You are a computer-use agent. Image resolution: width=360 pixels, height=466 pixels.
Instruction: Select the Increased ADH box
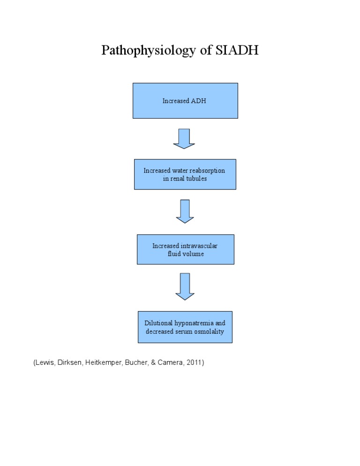(185, 101)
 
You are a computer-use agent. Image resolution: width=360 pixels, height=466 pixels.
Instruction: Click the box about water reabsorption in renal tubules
(185, 174)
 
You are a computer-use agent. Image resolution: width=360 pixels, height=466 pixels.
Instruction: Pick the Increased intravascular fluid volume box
(185, 249)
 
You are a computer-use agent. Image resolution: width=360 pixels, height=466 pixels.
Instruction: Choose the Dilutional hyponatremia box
(185, 327)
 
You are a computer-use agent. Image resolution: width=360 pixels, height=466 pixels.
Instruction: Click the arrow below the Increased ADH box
(184, 139)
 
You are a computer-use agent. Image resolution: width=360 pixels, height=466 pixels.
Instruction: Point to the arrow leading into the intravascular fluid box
(185, 211)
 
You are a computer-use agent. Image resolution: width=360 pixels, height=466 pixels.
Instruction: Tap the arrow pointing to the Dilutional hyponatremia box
(185, 286)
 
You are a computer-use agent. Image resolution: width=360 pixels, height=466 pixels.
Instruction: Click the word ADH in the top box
(198, 101)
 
